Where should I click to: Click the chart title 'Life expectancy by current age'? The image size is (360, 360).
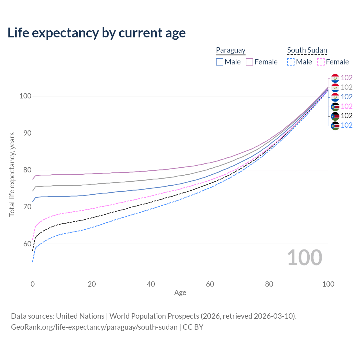click(96, 33)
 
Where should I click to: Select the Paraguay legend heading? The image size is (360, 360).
click(231, 50)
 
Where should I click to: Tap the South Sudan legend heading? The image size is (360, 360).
click(307, 50)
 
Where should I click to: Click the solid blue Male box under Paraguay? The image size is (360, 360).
click(219, 62)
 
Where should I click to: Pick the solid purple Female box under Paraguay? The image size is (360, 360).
click(249, 62)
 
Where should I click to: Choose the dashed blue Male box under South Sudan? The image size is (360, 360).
click(291, 62)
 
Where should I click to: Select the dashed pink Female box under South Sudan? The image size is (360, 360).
click(321, 62)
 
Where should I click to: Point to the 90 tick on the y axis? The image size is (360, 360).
click(27, 133)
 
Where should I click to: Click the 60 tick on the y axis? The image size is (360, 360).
click(27, 244)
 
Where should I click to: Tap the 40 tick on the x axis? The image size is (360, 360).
click(151, 284)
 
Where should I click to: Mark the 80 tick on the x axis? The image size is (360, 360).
click(269, 284)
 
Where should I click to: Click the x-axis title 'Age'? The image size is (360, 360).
click(180, 292)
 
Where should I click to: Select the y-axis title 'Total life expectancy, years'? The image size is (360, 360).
click(12, 175)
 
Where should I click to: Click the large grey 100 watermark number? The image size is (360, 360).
click(305, 258)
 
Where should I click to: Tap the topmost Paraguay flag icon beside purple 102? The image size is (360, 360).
click(335, 78)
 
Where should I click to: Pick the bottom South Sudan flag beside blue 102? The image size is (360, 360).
click(335, 126)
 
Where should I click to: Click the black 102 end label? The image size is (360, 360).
click(346, 116)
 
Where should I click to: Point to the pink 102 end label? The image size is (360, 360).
click(346, 106)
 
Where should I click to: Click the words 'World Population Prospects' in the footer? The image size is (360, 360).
click(154, 316)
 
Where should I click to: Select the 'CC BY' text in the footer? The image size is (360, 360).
click(193, 327)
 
